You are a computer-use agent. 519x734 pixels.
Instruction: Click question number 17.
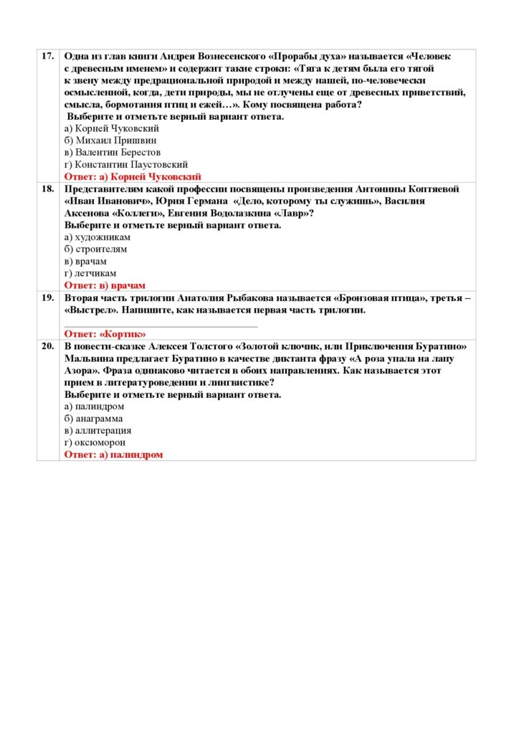tap(48, 56)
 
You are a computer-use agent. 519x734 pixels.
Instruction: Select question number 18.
tap(48, 189)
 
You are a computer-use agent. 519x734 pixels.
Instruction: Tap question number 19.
tap(48, 297)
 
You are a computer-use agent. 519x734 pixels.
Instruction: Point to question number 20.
tap(48, 346)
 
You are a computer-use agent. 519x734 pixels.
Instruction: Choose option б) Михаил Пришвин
tap(110, 140)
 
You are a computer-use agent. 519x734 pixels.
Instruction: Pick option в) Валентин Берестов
tap(113, 152)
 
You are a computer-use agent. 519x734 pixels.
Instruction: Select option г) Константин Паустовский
tap(126, 164)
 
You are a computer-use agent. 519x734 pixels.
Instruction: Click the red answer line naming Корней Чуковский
tap(133, 176)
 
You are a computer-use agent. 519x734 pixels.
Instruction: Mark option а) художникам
tap(97, 237)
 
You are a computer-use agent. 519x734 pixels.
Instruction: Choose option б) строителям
tap(95, 249)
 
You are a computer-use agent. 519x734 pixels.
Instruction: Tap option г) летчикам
tap(90, 273)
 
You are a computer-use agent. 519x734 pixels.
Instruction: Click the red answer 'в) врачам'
tap(105, 285)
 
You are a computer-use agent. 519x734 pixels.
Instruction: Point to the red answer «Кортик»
tap(105, 334)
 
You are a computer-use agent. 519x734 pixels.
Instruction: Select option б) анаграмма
tap(93, 419)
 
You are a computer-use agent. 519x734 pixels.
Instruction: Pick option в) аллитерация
tap(97, 431)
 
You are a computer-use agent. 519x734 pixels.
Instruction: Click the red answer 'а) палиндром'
tap(114, 455)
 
